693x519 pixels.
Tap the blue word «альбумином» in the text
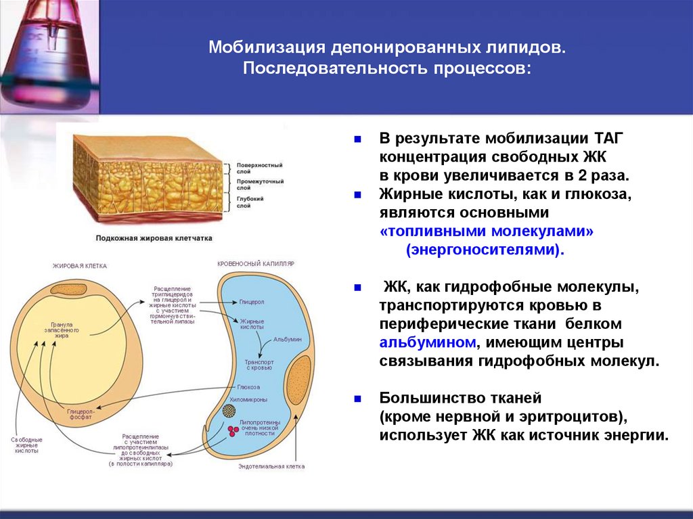coord(428,342)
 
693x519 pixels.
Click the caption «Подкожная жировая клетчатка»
coord(154,238)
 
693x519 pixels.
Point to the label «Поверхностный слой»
coord(259,168)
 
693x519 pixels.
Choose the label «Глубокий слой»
coord(250,202)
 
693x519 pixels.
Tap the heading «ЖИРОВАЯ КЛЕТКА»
coord(80,266)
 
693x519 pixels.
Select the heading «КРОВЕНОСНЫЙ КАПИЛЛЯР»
coord(256,263)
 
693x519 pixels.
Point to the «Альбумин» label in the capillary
coord(287,338)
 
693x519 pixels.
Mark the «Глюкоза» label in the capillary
coord(248,387)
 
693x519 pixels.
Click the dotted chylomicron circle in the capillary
coord(229,410)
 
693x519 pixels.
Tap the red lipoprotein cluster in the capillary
coord(234,430)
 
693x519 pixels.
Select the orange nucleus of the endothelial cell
coord(299,380)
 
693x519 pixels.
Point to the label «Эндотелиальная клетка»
coord(271,466)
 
